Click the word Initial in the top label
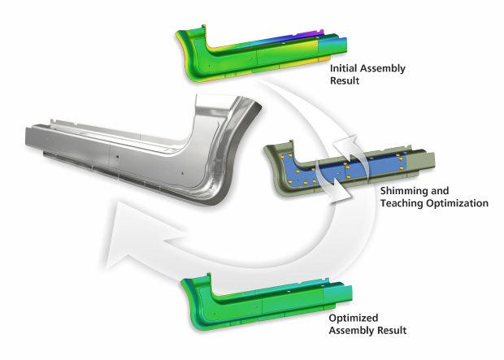pos(344,68)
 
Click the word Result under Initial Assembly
pos(345,80)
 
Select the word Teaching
pos(402,203)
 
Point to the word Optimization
pos(457,203)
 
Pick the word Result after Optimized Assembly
pos(392,330)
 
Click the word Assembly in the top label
pos(383,68)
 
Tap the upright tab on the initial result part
pos(202,29)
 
